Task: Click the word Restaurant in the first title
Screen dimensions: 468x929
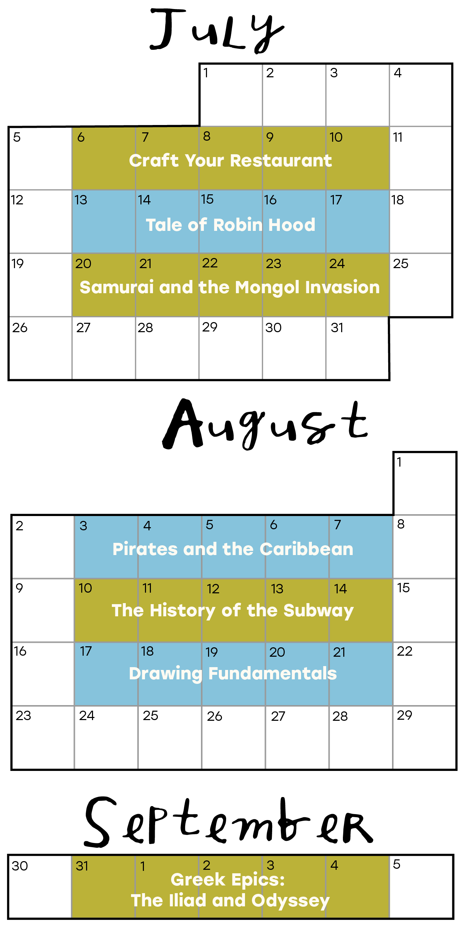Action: coord(281,161)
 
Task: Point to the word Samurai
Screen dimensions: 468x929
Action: coord(116,287)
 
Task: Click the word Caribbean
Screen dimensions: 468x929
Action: coord(306,549)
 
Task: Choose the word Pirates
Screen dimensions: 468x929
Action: coord(145,549)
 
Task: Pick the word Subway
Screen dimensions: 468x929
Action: coord(318,611)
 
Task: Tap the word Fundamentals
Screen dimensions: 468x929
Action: coord(273,674)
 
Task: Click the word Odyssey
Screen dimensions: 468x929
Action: coord(291,901)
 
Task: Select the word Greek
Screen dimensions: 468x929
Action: coord(198,880)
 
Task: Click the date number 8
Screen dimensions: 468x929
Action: coord(207,136)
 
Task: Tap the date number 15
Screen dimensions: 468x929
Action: coord(207,199)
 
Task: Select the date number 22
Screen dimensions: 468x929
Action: coord(210,263)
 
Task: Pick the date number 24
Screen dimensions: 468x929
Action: coord(337,264)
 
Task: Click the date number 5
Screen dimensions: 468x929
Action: coord(209,525)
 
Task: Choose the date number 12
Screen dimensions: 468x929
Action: coord(213,589)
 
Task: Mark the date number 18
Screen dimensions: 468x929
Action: coord(147,651)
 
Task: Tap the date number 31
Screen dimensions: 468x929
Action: coord(82,866)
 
